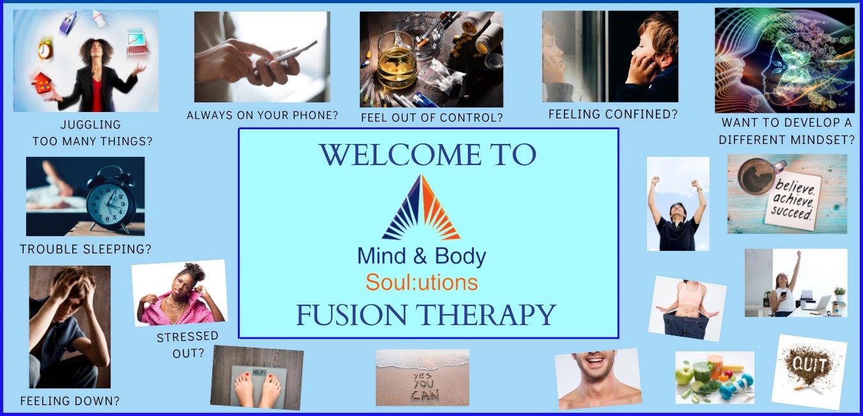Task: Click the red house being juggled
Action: [x=42, y=84]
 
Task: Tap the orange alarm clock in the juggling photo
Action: [x=45, y=49]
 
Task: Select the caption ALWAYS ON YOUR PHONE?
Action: [x=262, y=115]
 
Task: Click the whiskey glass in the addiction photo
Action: [x=396, y=61]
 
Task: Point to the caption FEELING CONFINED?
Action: [x=612, y=114]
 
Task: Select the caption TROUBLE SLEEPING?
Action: [x=86, y=249]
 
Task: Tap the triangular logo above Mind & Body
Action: [x=421, y=207]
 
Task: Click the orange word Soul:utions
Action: [x=422, y=283]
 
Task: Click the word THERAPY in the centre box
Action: [x=487, y=315]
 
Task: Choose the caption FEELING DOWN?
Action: [x=70, y=401]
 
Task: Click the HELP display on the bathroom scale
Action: [x=259, y=372]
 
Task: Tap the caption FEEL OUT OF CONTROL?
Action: [x=432, y=118]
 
